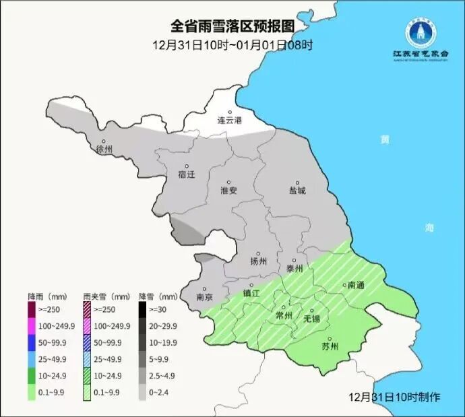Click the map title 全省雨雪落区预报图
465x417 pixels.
point(232,26)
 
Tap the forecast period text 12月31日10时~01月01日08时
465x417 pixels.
point(232,46)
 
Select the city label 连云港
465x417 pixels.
point(229,121)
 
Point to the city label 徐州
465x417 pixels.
point(104,149)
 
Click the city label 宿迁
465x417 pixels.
point(186,174)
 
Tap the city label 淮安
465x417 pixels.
point(229,190)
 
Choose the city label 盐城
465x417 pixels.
point(297,190)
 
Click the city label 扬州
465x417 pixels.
point(259,261)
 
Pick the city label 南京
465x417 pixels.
point(204,296)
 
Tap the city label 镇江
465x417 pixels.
point(251,293)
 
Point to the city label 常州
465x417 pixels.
point(284,315)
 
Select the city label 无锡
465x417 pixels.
point(312,317)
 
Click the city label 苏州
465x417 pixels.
point(330,347)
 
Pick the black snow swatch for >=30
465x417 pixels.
point(144,309)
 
